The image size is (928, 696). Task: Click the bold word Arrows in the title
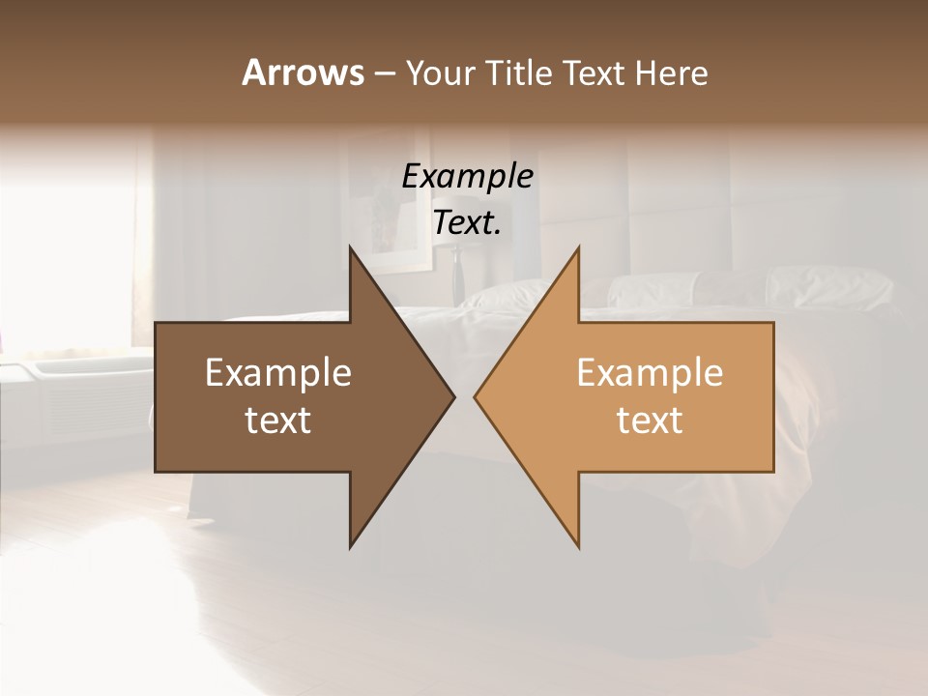303,72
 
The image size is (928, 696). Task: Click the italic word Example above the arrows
468,176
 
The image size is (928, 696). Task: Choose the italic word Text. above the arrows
468,223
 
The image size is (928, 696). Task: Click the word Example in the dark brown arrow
278,373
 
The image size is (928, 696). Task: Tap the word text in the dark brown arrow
278,420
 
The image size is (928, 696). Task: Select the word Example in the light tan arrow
650,373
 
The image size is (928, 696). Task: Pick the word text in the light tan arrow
650,420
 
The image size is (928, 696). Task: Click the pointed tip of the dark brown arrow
452,396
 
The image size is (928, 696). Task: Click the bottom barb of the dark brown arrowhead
351,545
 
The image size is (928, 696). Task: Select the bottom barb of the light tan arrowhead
578,545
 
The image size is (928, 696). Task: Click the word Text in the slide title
595,72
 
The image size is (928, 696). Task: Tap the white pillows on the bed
831,286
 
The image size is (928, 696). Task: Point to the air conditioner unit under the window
72,396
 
